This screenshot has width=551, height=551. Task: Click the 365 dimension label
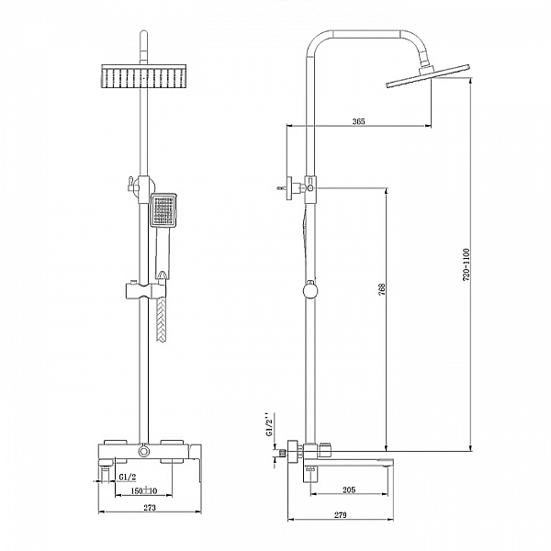point(358,122)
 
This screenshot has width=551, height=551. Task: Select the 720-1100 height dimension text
point(467,264)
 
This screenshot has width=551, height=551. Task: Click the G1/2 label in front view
point(129,477)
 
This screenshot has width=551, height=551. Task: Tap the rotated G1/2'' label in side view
point(268,426)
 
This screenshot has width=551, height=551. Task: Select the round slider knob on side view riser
point(311,291)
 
